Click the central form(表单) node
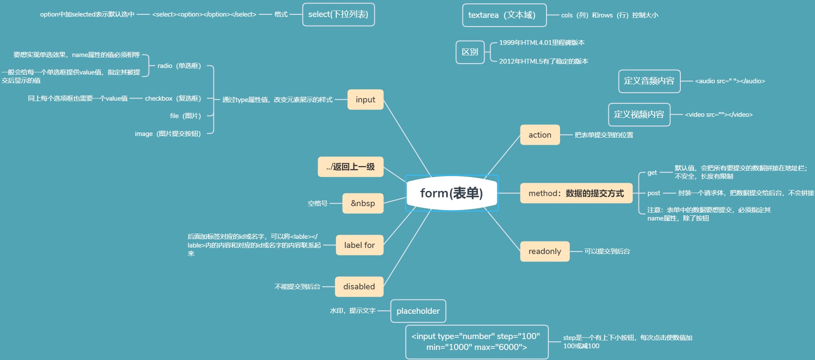452,193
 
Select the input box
365,99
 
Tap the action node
540,135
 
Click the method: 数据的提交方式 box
576,193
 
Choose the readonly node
544,251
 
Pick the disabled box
359,286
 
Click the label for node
359,245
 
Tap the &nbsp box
363,203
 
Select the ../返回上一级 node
350,166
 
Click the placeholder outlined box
418,311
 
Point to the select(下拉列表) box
338,14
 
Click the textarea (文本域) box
504,15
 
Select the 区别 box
470,52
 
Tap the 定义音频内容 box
649,81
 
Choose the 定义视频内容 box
639,114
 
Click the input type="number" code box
476,342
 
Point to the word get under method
652,173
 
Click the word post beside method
654,193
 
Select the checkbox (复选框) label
173,98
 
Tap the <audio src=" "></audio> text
730,81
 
